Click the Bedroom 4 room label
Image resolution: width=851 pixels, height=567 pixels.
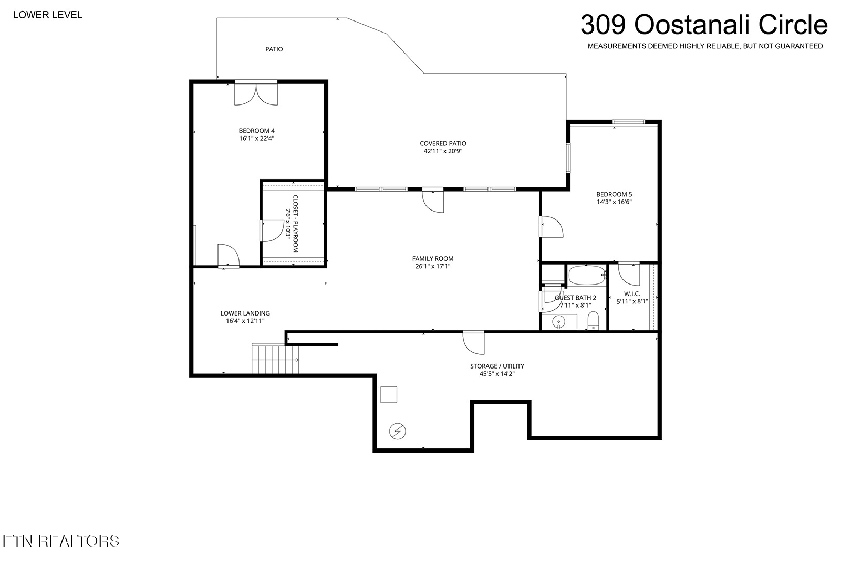pyautogui.click(x=256, y=131)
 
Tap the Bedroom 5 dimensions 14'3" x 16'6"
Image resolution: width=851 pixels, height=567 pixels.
pyautogui.click(x=614, y=202)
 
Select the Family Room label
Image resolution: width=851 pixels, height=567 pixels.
pyautogui.click(x=433, y=259)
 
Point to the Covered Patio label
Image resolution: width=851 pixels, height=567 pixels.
pyautogui.click(x=443, y=143)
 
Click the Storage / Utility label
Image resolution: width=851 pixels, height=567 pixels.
pyautogui.click(x=497, y=366)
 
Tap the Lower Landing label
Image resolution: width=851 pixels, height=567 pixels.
pyautogui.click(x=245, y=313)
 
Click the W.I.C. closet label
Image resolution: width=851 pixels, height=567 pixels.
pyautogui.click(x=632, y=294)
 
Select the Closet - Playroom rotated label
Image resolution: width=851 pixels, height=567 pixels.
pyautogui.click(x=295, y=224)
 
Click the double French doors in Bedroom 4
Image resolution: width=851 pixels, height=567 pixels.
pyautogui.click(x=256, y=93)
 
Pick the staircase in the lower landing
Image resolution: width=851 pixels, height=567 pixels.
pyautogui.click(x=275, y=359)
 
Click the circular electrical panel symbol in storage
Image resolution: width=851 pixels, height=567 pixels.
pyautogui.click(x=397, y=432)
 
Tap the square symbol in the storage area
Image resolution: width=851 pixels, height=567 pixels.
pyautogui.click(x=389, y=395)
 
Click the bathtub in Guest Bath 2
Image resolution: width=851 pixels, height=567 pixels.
pyautogui.click(x=587, y=275)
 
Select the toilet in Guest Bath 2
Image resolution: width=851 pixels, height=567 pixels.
pyautogui.click(x=593, y=321)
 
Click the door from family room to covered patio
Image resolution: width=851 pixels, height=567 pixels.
pyautogui.click(x=433, y=200)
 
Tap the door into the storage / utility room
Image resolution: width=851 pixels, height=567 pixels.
pyautogui.click(x=474, y=342)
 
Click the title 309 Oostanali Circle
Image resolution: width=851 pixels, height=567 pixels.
pyautogui.click(x=704, y=25)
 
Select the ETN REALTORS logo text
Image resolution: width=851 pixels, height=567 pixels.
pyautogui.click(x=61, y=541)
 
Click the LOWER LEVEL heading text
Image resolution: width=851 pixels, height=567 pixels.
pyautogui.click(x=47, y=15)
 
